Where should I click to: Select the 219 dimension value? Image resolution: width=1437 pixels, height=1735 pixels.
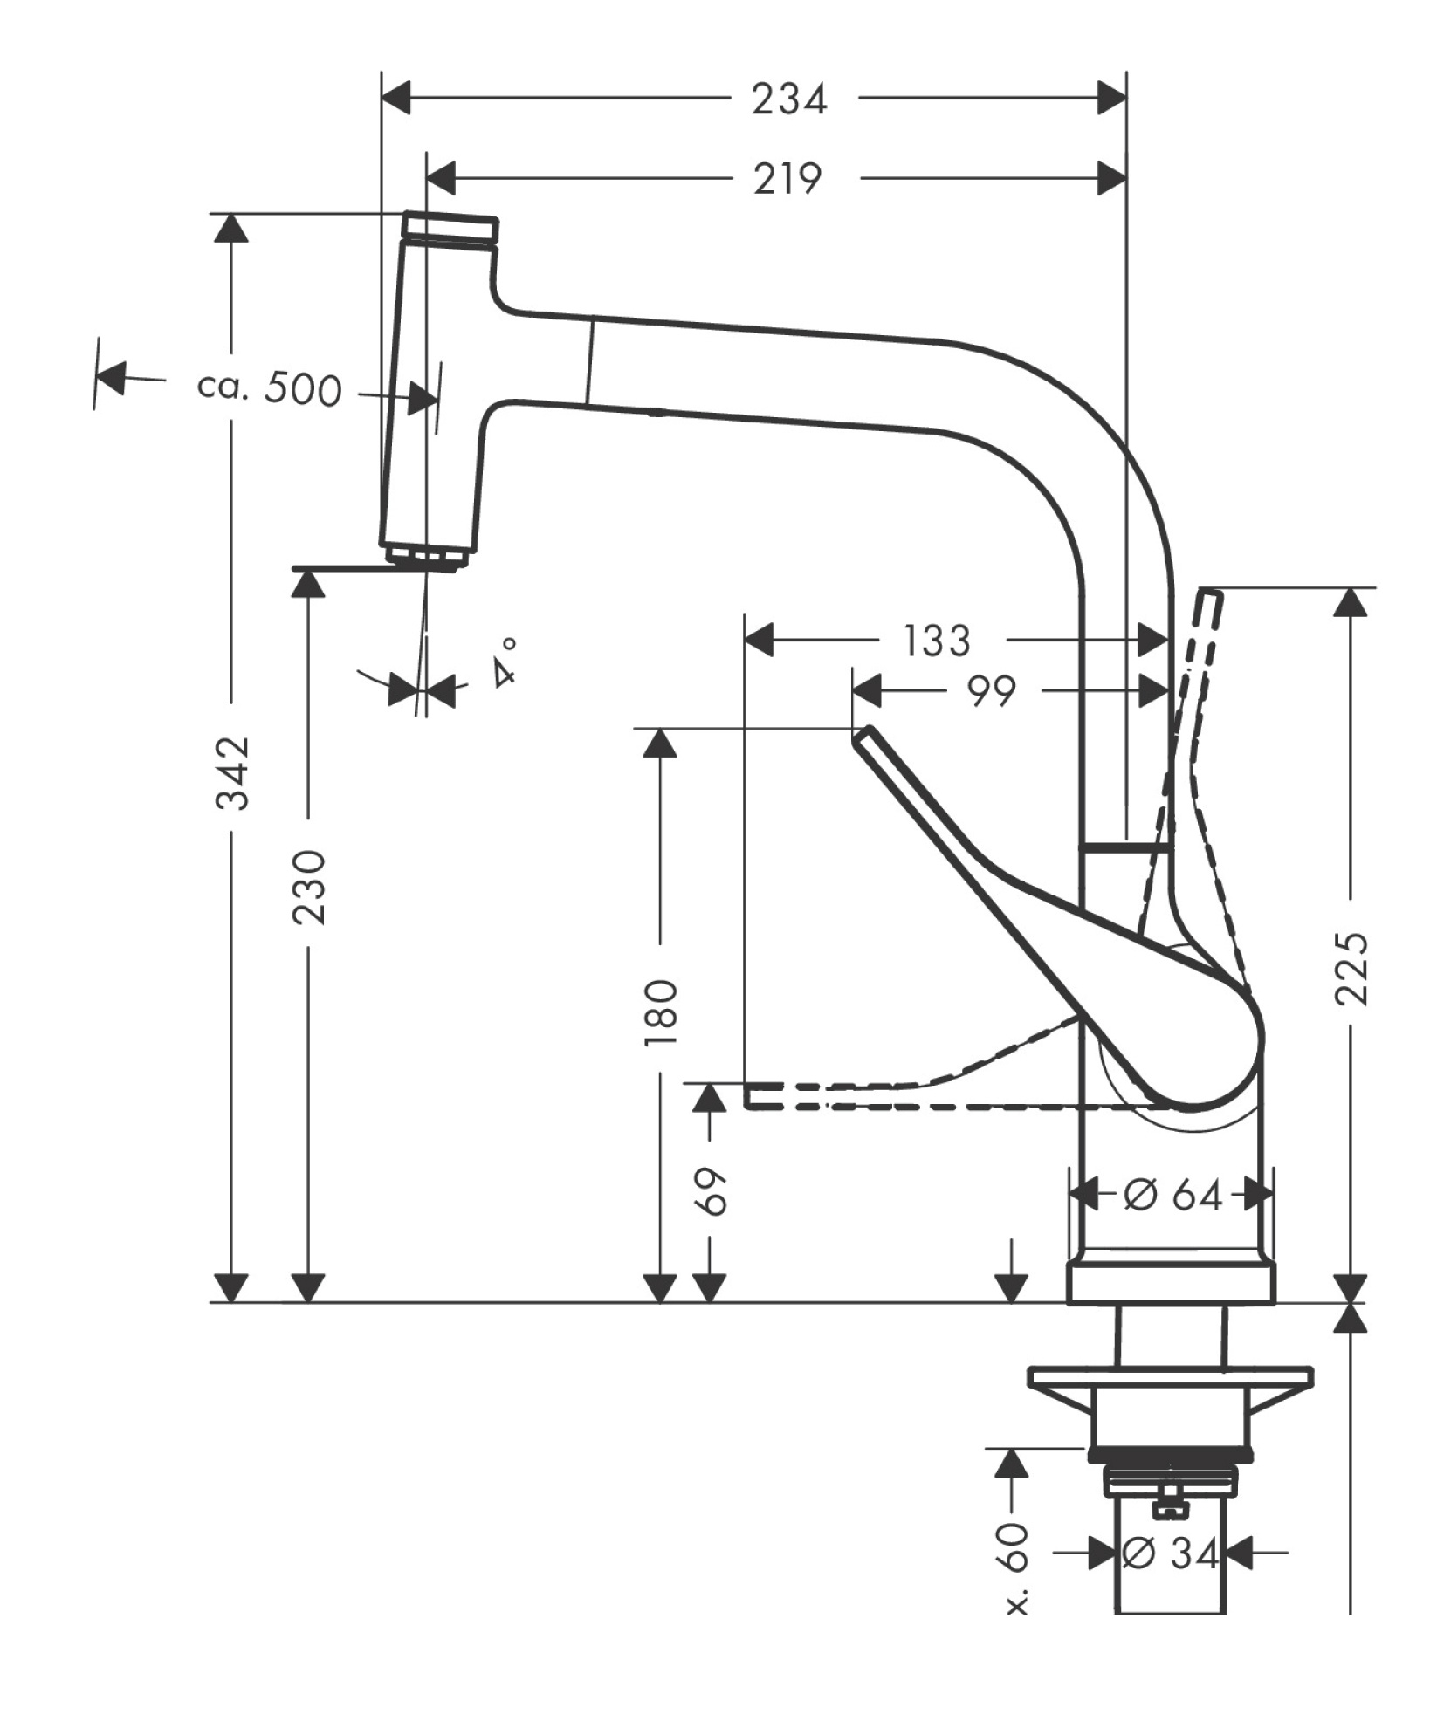787,179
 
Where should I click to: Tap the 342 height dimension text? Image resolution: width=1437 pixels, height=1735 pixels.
234,771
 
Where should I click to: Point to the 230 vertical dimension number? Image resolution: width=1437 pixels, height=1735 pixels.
309,888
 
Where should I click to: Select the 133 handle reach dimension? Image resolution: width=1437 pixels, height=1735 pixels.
935,641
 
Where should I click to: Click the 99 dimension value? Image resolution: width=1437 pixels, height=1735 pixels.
992,691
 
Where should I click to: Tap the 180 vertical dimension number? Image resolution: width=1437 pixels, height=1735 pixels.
661,1013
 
